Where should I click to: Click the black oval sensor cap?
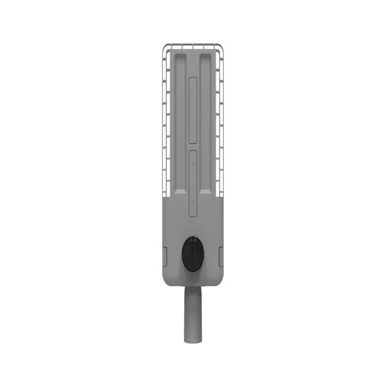(193, 254)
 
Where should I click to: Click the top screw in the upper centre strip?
(193, 91)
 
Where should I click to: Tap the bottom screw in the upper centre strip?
(193, 130)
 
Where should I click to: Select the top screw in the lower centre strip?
(193, 164)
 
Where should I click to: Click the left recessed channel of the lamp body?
(180, 121)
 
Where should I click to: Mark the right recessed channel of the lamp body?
(206, 121)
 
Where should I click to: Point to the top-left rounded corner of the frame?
(165, 47)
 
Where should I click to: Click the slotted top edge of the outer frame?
(193, 46)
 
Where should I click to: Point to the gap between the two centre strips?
(193, 147)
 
